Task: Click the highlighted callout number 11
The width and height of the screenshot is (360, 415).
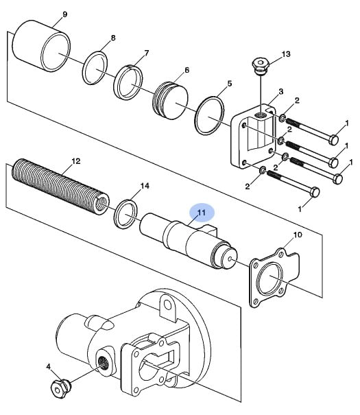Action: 202,212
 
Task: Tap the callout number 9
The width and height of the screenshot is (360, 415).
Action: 65,14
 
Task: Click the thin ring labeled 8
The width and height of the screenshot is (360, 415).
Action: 95,68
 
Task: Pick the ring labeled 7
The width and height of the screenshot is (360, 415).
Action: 128,82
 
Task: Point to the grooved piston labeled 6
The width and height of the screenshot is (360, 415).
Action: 171,100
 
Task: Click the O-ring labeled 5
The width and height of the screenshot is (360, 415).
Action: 210,116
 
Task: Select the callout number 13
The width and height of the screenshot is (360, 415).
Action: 286,54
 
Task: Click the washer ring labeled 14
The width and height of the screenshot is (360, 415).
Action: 125,214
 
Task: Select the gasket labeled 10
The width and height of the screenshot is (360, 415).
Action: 274,277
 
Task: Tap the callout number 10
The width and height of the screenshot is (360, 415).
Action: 298,235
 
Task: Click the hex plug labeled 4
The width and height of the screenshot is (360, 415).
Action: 60,388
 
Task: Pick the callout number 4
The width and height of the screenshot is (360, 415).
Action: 48,367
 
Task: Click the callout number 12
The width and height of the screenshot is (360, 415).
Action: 76,161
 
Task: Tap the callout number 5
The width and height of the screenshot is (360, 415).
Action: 230,84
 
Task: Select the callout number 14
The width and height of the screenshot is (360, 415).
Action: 145,186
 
